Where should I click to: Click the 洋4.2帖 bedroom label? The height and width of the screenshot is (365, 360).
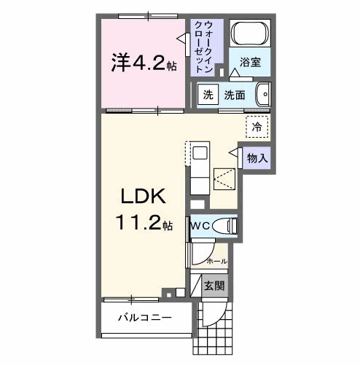click(143, 64)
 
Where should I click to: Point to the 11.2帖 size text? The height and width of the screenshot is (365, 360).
click(143, 224)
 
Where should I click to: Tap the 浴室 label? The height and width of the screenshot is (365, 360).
click(251, 63)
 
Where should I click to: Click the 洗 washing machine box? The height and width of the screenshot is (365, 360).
click(208, 95)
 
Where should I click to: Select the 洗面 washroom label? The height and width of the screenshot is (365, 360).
click(234, 95)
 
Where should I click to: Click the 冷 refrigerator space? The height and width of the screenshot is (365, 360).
click(257, 126)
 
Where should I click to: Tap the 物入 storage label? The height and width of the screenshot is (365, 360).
click(256, 157)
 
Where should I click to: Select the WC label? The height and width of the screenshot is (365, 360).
click(201, 226)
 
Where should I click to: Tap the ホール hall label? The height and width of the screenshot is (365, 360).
click(216, 260)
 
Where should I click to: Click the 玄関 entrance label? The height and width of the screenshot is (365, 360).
click(214, 286)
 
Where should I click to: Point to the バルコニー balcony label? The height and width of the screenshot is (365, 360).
click(146, 318)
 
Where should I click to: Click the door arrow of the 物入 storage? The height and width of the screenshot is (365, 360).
click(235, 153)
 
